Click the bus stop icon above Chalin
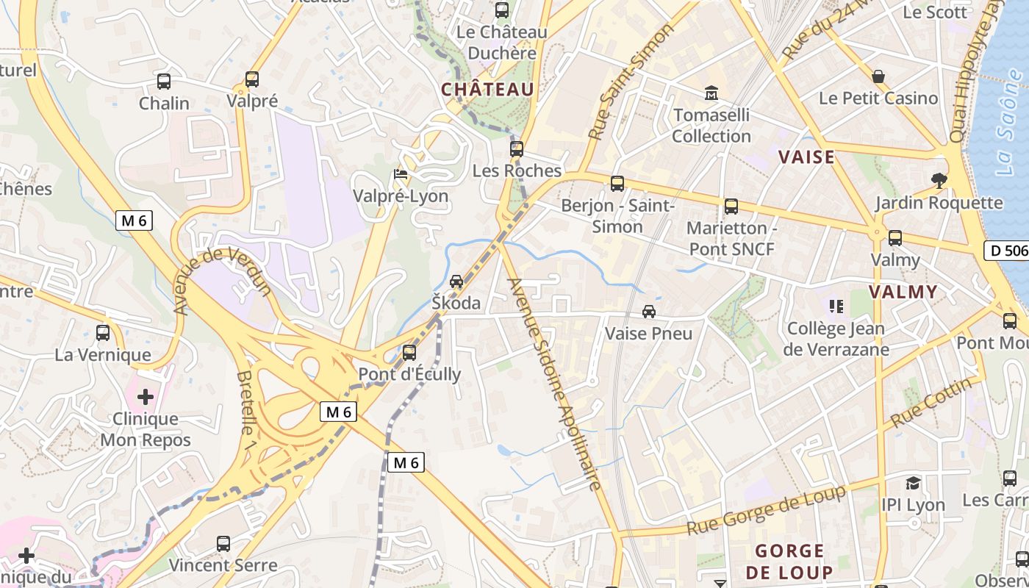point(164,82)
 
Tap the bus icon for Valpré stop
point(252,79)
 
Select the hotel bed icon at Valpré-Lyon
point(401,175)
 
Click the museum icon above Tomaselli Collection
point(711,93)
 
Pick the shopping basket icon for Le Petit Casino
point(878,76)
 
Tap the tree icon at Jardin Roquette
point(939,180)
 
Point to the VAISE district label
point(806,157)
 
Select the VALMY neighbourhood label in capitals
point(903,292)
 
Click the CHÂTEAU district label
point(487,90)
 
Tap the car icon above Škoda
point(456,282)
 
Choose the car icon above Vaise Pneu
point(649,312)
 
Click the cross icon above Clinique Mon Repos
point(146,397)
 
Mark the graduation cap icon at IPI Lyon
point(913,483)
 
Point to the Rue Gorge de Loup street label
point(766,511)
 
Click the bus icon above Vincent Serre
point(223,544)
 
